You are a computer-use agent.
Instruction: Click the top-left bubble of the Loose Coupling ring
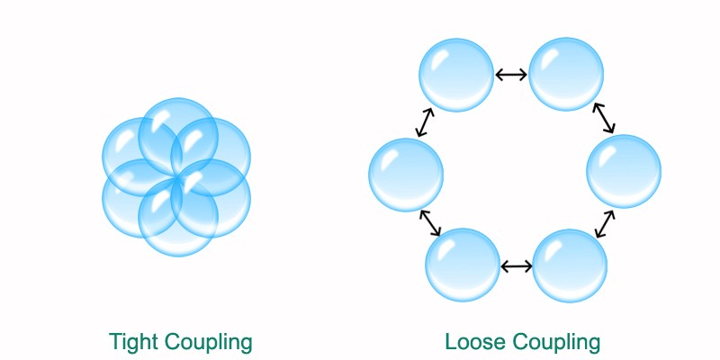point(457,75)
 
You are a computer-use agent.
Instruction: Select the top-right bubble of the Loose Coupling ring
point(566,75)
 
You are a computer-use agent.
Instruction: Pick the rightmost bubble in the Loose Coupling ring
point(624,171)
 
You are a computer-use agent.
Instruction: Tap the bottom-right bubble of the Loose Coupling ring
point(570,265)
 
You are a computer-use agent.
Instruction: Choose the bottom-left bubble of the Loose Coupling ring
point(462,265)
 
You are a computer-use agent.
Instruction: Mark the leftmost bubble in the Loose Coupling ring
point(406,175)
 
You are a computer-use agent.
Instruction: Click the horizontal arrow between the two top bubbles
point(512,75)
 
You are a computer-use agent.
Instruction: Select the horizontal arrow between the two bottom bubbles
point(516,265)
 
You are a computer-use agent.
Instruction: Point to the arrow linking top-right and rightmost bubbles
point(603,118)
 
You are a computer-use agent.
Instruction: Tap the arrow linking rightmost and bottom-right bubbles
point(604,224)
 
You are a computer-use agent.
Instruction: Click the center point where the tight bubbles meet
point(177,180)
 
